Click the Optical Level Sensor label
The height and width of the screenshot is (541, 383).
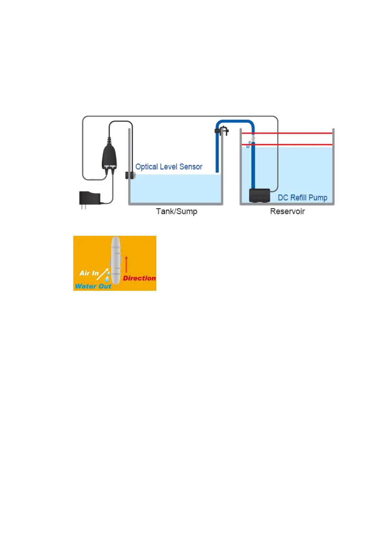(x=169, y=167)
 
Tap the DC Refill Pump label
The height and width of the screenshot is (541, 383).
(x=302, y=198)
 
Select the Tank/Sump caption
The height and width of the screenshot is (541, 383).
(x=177, y=211)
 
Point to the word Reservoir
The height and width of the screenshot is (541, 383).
(x=287, y=211)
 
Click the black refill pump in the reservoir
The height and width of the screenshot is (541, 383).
(x=260, y=195)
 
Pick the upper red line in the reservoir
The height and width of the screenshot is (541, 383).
(x=289, y=133)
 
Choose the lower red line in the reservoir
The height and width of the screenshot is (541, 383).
(x=289, y=145)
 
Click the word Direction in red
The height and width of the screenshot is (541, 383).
(x=139, y=278)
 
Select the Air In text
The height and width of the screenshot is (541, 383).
(x=89, y=273)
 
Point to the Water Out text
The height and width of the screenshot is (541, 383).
(x=93, y=286)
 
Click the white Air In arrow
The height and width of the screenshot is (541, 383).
(x=103, y=274)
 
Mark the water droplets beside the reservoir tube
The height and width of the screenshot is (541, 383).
(x=249, y=145)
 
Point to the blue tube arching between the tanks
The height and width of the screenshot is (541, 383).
(x=235, y=122)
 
